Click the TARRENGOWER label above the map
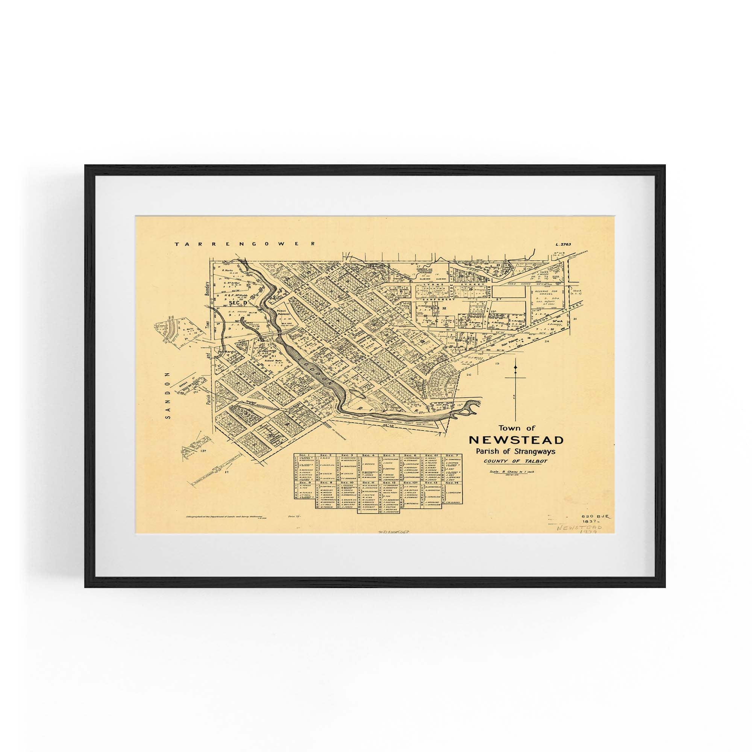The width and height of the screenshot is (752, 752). coord(244,244)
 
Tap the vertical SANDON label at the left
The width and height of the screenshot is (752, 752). coord(168,395)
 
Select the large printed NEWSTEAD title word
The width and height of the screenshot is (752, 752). coord(516,440)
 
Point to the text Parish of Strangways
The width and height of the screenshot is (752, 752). coord(516,452)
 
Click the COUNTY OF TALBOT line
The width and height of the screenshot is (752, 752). coord(516,462)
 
